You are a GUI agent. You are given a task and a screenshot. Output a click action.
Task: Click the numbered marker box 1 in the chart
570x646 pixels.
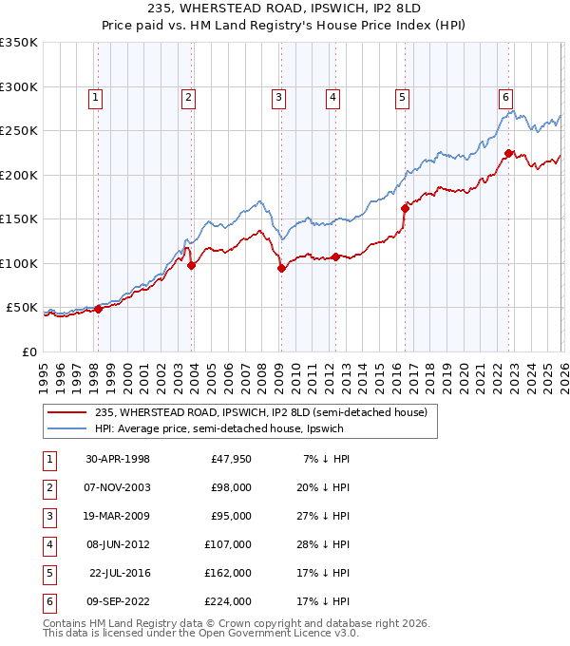[x=97, y=96]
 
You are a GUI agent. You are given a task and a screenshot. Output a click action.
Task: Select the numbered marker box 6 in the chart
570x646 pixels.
[x=505, y=96]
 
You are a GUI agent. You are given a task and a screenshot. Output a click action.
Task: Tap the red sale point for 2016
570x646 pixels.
[x=404, y=208]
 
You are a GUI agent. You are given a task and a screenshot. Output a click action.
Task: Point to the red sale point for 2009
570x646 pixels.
[x=281, y=269]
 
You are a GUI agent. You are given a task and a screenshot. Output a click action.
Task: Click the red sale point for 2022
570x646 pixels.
[x=508, y=153]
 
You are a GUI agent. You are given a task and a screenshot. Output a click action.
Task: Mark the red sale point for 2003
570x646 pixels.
[x=191, y=266]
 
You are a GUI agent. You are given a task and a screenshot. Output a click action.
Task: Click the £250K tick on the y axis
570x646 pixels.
[x=19, y=131]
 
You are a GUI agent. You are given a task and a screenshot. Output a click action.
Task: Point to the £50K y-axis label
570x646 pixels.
[x=22, y=308]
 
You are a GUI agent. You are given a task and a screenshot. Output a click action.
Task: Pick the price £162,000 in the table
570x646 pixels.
[x=232, y=574]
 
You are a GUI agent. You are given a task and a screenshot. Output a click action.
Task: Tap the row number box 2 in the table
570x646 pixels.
[x=48, y=487]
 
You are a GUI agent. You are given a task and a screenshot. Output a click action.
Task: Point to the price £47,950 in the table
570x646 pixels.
[x=232, y=459]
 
